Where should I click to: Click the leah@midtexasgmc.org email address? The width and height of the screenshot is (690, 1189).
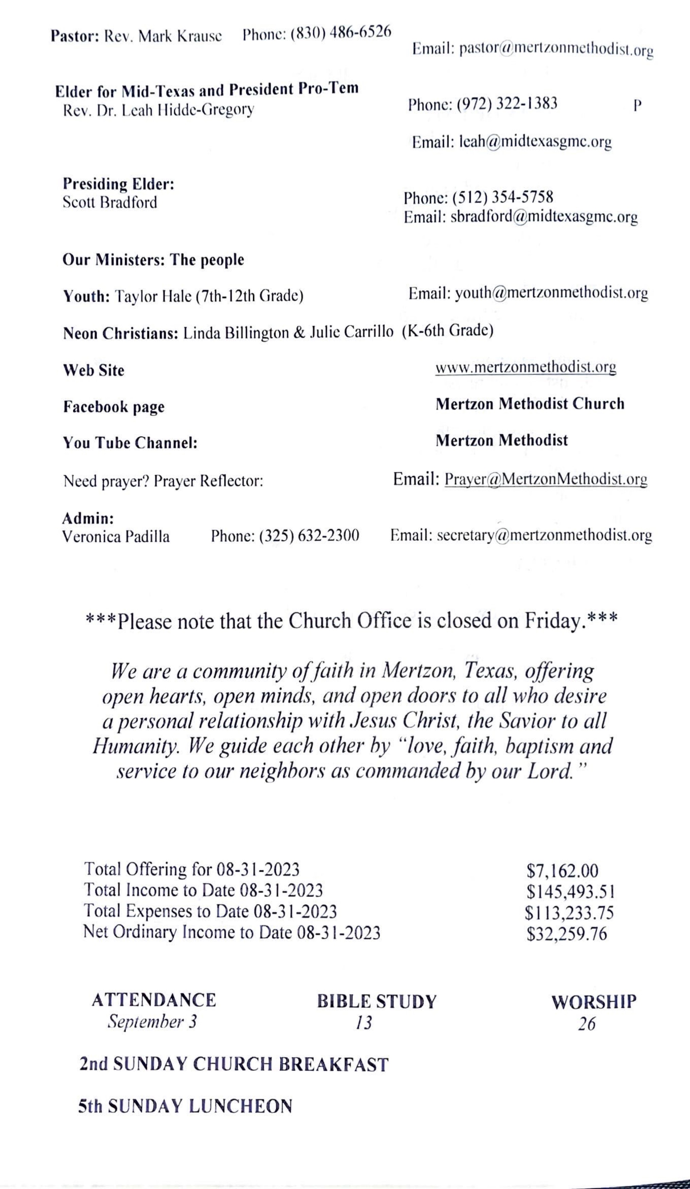click(535, 142)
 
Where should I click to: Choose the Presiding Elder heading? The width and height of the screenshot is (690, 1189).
click(119, 183)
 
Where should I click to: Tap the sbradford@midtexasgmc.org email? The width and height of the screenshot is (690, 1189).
click(544, 217)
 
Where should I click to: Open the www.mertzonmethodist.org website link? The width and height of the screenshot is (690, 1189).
click(525, 367)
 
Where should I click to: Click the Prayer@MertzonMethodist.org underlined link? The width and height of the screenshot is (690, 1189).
click(546, 479)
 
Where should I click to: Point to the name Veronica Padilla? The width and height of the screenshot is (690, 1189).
click(116, 536)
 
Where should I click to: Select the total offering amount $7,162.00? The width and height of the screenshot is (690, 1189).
click(562, 870)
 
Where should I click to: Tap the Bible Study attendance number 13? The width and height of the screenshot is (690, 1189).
click(364, 1023)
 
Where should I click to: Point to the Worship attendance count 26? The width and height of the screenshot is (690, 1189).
click(587, 1024)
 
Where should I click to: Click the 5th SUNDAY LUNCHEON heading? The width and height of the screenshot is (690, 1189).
click(185, 1106)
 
